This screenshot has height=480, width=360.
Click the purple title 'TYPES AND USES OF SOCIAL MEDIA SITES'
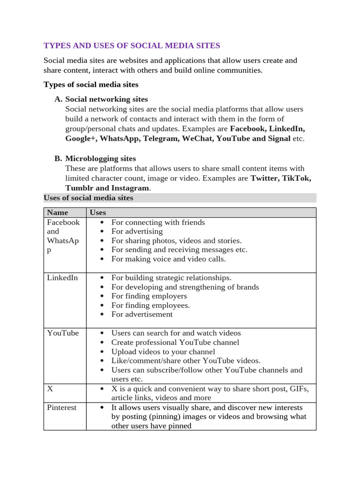132,45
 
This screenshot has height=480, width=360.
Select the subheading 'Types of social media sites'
91,84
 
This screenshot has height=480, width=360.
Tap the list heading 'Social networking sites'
106,99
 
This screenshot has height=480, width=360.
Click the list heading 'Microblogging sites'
100,158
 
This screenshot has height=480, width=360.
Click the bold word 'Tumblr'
79,187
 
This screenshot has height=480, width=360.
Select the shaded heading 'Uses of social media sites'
88,198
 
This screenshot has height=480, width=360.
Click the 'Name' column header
57,212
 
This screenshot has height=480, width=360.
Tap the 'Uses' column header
98,212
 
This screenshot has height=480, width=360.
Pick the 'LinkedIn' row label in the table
62,277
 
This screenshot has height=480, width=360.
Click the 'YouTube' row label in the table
63,333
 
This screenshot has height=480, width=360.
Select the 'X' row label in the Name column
50,389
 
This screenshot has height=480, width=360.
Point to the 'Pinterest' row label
61,407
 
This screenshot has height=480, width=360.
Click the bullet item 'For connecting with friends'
158,222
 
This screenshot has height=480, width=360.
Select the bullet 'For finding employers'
149,296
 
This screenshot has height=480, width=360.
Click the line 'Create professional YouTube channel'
175,342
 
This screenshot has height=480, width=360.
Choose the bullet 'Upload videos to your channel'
163,352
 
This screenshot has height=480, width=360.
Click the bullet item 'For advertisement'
142,314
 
